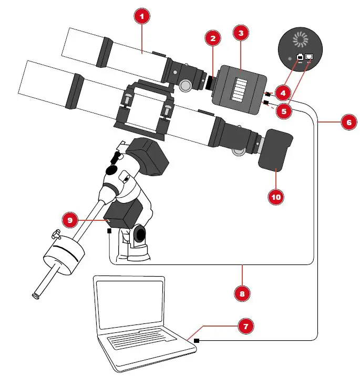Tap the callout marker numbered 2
click(x=212, y=38)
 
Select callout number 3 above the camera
click(x=241, y=33)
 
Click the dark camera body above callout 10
click(x=276, y=150)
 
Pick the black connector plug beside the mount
click(x=109, y=230)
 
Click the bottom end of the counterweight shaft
click(x=36, y=296)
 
